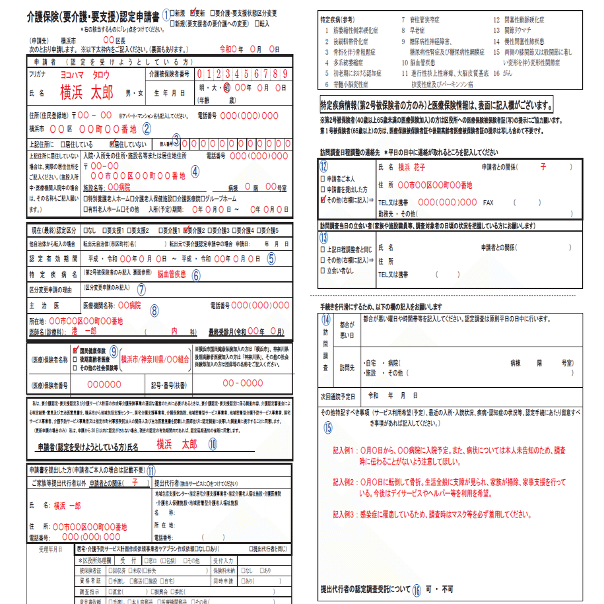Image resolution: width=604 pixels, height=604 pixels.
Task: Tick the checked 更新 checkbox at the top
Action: pos(193,13)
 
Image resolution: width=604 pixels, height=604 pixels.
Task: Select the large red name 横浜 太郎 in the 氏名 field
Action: pos(86,91)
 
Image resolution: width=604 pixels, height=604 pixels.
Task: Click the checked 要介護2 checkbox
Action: pos(186,230)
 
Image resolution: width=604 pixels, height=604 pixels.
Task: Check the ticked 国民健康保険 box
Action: pos(77,350)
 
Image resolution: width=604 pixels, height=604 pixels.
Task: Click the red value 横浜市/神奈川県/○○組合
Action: pos(155,359)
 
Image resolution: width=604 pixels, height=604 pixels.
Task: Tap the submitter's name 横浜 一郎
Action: pos(67,504)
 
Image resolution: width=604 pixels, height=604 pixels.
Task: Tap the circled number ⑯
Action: pos(417,589)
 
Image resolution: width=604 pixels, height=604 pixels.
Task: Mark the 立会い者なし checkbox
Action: pos(323,271)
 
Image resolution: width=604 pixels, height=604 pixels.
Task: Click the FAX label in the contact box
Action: pos(488,203)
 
